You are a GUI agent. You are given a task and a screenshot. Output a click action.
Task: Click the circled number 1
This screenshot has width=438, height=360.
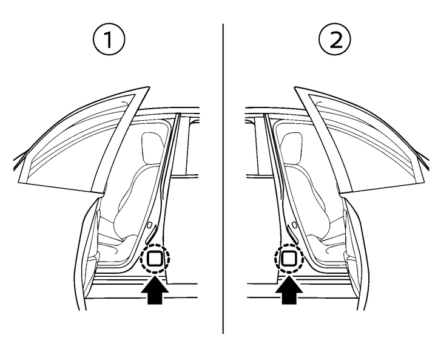click(109, 39)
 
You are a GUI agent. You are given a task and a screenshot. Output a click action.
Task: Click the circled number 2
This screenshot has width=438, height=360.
click(335, 39)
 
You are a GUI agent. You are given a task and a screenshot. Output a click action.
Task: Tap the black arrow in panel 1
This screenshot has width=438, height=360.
click(155, 290)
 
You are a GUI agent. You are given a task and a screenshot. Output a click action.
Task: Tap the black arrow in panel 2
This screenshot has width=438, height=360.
click(289, 290)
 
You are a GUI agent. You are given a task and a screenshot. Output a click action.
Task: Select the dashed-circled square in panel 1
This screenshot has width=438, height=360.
click(155, 258)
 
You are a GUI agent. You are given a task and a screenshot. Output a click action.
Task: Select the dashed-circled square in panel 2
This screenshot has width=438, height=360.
click(289, 258)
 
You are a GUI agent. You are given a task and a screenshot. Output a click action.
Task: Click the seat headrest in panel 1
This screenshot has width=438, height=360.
click(152, 148)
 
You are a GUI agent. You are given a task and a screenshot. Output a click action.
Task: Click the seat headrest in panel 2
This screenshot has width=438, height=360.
click(292, 148)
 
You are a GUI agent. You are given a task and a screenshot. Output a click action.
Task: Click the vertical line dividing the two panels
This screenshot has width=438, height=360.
click(223, 179)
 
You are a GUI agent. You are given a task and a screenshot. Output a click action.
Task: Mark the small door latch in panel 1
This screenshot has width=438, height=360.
click(150, 224)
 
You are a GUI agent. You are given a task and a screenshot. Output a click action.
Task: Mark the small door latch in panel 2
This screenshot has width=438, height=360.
click(294, 224)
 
